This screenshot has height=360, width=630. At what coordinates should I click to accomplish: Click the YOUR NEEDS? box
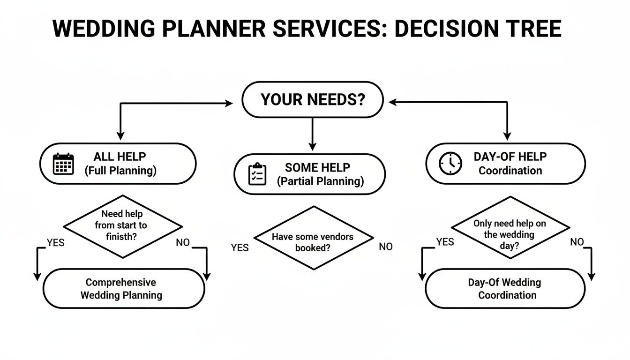coord(312,100)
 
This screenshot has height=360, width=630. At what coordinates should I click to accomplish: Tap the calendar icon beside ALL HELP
coord(63,164)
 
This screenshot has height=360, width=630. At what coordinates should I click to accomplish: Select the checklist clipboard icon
coord(257,174)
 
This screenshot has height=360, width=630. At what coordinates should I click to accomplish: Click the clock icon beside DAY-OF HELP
coord(450,164)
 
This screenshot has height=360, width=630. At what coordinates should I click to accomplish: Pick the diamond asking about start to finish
coord(122,226)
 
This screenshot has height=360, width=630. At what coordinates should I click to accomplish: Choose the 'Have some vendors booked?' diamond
coord(313,238)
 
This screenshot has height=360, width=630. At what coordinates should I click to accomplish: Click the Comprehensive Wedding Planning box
coord(124,289)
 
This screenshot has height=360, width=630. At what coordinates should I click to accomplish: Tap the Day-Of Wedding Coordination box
coord(505,289)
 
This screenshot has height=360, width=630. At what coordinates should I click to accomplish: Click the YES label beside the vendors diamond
coord(240,247)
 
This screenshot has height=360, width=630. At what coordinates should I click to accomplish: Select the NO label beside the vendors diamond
coord(385,247)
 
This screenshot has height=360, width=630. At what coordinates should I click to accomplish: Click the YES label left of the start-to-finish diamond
coord(55,242)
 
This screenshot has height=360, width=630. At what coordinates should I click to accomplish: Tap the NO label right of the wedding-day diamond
coord(577,242)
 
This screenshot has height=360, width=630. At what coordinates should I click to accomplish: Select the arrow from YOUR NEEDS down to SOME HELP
coord(312,133)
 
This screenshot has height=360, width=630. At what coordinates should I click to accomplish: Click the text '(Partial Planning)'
coord(321,182)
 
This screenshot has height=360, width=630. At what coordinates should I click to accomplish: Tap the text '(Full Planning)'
coord(120,171)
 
